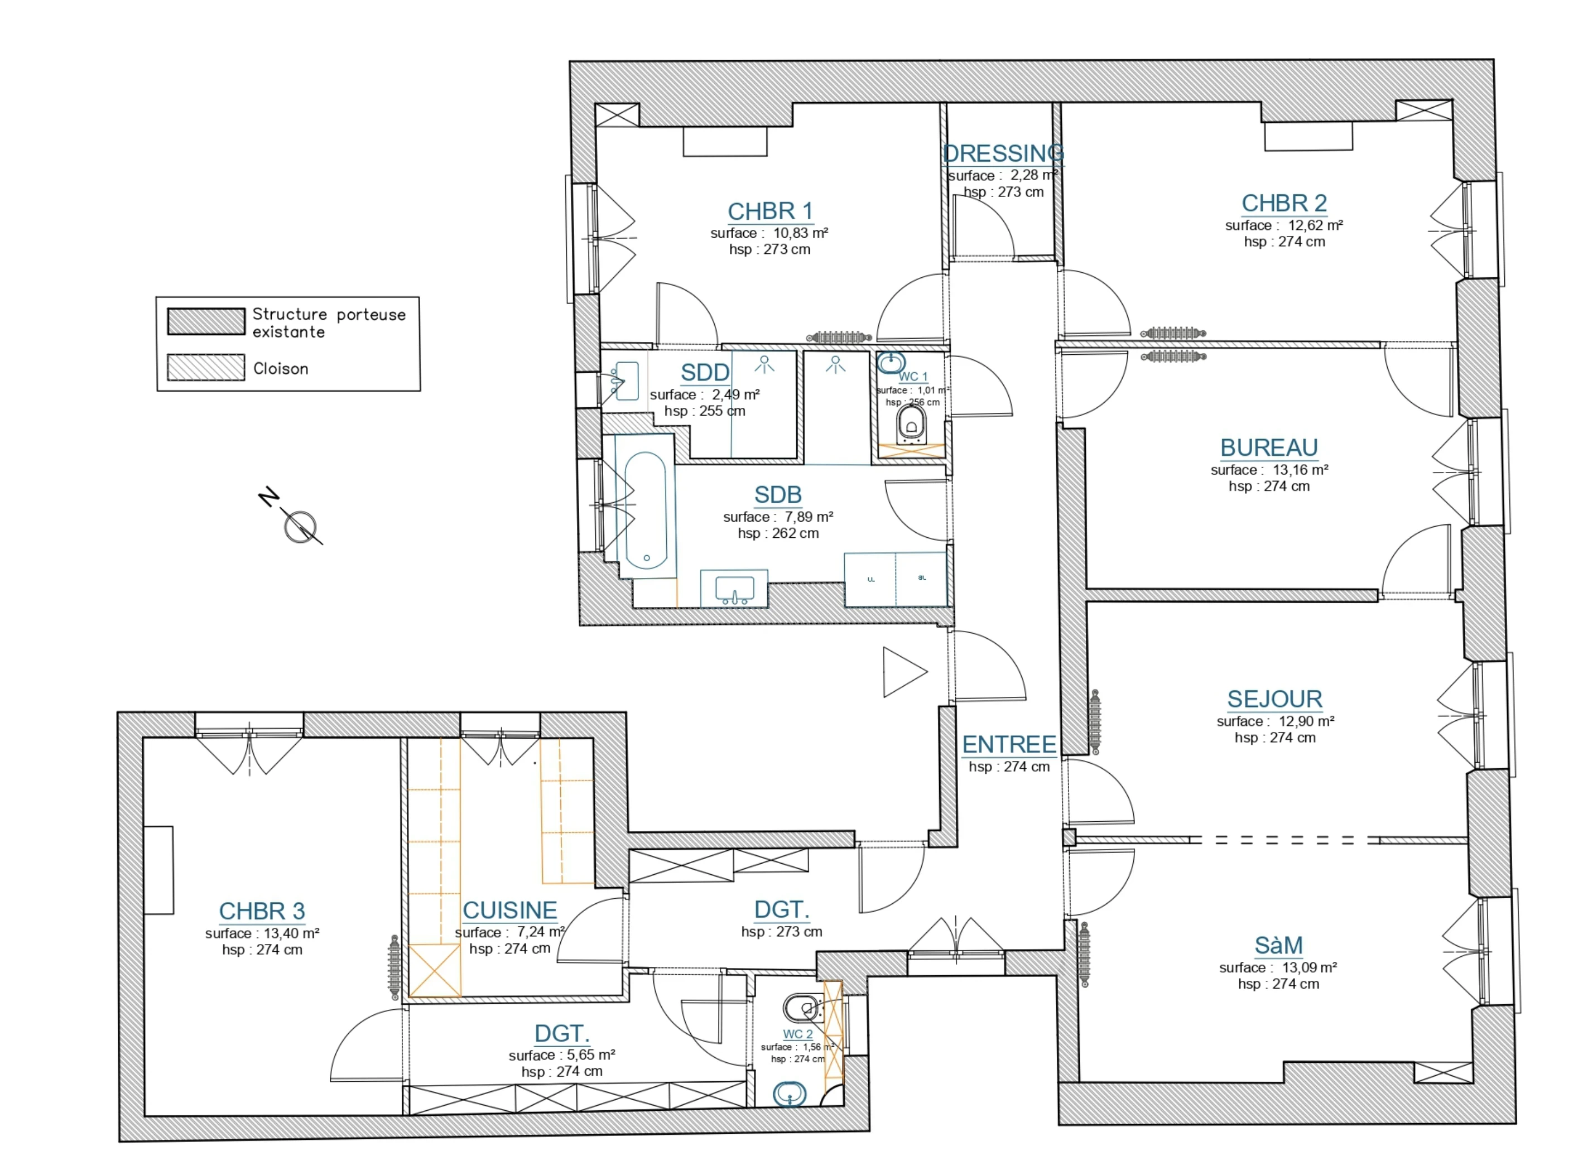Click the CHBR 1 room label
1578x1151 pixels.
coord(770,211)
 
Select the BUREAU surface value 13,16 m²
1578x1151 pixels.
coord(1300,470)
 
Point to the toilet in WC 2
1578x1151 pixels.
coord(801,1008)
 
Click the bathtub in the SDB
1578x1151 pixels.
coord(646,510)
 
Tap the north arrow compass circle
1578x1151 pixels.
coord(300,527)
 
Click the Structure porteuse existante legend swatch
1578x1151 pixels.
coord(206,322)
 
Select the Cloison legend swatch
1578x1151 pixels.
coord(206,367)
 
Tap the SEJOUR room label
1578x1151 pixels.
coord(1274,699)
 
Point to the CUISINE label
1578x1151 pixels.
coord(509,910)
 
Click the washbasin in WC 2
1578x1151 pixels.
coord(790,1095)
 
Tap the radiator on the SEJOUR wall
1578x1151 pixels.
coord(1095,723)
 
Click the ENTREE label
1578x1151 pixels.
coord(1009,744)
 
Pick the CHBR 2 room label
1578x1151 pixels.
coord(1284,203)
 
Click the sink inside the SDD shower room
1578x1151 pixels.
coord(626,381)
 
